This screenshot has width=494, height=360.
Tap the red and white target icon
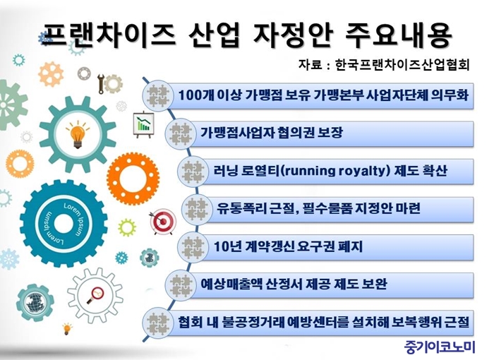(x=162, y=222)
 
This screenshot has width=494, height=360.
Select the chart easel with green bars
(x=144, y=124)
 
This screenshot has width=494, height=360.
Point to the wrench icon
(x=101, y=83)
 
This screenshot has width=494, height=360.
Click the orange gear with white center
(x=133, y=179)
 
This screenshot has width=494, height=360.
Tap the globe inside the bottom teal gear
(x=34, y=303)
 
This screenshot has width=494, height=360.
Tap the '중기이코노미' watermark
(x=439, y=347)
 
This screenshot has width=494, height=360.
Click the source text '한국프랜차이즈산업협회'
(x=403, y=65)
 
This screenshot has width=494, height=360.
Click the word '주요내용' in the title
(x=399, y=35)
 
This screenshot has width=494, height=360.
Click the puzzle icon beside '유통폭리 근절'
(x=196, y=209)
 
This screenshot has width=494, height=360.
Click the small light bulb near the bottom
(x=67, y=328)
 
